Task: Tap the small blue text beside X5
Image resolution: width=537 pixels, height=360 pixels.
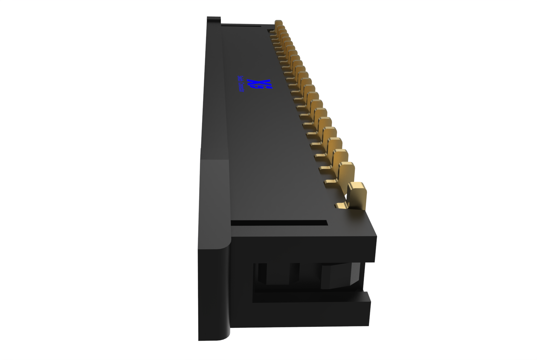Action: click(x=241, y=85)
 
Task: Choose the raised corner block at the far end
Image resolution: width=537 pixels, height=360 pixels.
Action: click(x=213, y=19)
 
